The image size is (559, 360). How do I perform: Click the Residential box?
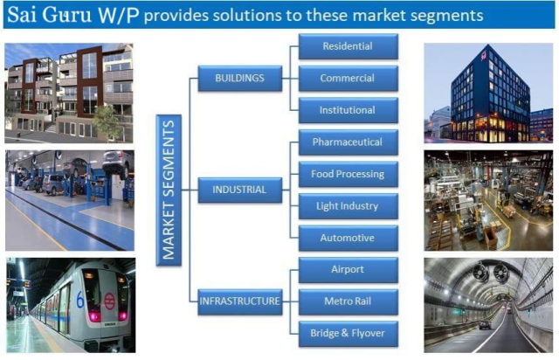pyautogui.click(x=348, y=46)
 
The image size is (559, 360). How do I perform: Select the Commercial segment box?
pyautogui.click(x=348, y=78)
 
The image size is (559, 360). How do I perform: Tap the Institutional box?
pyautogui.click(x=348, y=110)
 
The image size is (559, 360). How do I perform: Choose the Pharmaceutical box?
pyautogui.click(x=348, y=142)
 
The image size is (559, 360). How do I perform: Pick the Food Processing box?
pyautogui.click(x=348, y=174)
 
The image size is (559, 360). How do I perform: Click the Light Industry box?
pyautogui.click(x=348, y=206)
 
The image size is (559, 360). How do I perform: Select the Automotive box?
pyautogui.click(x=348, y=238)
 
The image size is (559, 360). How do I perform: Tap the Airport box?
pyautogui.click(x=348, y=269)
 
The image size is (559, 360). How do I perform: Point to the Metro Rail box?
pyautogui.click(x=348, y=301)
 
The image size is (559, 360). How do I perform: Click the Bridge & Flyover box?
pyautogui.click(x=348, y=334)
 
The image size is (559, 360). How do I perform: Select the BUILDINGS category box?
pyautogui.click(x=240, y=78)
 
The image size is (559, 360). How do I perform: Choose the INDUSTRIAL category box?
pyautogui.click(x=240, y=190)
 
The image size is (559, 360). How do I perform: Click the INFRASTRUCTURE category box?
pyautogui.click(x=240, y=301)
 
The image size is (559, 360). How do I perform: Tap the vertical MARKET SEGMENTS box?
pyautogui.click(x=169, y=190)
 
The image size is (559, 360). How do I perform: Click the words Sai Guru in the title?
pyautogui.click(x=49, y=16)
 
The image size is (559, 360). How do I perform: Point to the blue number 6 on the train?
pyautogui.click(x=80, y=300)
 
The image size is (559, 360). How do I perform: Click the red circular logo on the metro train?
pyautogui.click(x=109, y=301)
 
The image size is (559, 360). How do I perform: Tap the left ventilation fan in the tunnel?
pyautogui.click(x=480, y=273)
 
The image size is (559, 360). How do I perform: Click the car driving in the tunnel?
pyautogui.click(x=485, y=325)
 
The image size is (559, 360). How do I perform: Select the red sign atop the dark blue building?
pyautogui.click(x=484, y=56)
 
